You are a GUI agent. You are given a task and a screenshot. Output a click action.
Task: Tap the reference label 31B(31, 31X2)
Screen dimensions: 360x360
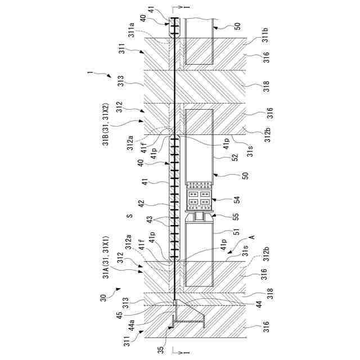pos(106,124)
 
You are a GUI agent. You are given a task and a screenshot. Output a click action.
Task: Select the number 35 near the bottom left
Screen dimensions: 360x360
pos(161,349)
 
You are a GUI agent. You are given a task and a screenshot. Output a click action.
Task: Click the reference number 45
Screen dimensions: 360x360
pos(119,315)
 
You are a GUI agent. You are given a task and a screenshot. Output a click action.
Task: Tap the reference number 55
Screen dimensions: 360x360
pos(236,217)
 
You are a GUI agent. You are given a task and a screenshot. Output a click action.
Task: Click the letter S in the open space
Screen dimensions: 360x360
pos(130,216)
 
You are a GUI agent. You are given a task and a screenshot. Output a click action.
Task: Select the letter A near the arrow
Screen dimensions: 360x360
pos(252,237)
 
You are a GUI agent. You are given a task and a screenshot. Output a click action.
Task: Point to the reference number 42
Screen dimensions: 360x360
pos(141,204)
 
